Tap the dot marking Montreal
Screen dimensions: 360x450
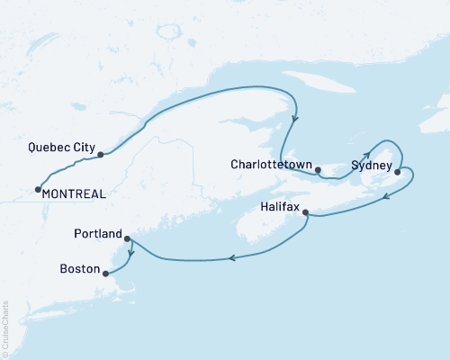point(37,189)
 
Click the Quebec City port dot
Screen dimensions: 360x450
point(100,155)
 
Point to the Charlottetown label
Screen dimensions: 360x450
point(271,165)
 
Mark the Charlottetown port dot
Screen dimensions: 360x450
point(318,169)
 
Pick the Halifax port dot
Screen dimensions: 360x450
point(306,213)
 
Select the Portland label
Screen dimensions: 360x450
point(97,234)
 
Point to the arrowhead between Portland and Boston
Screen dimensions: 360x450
point(131,253)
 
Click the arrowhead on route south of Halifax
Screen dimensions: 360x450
point(232,258)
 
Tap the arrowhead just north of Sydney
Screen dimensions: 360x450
point(366,154)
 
